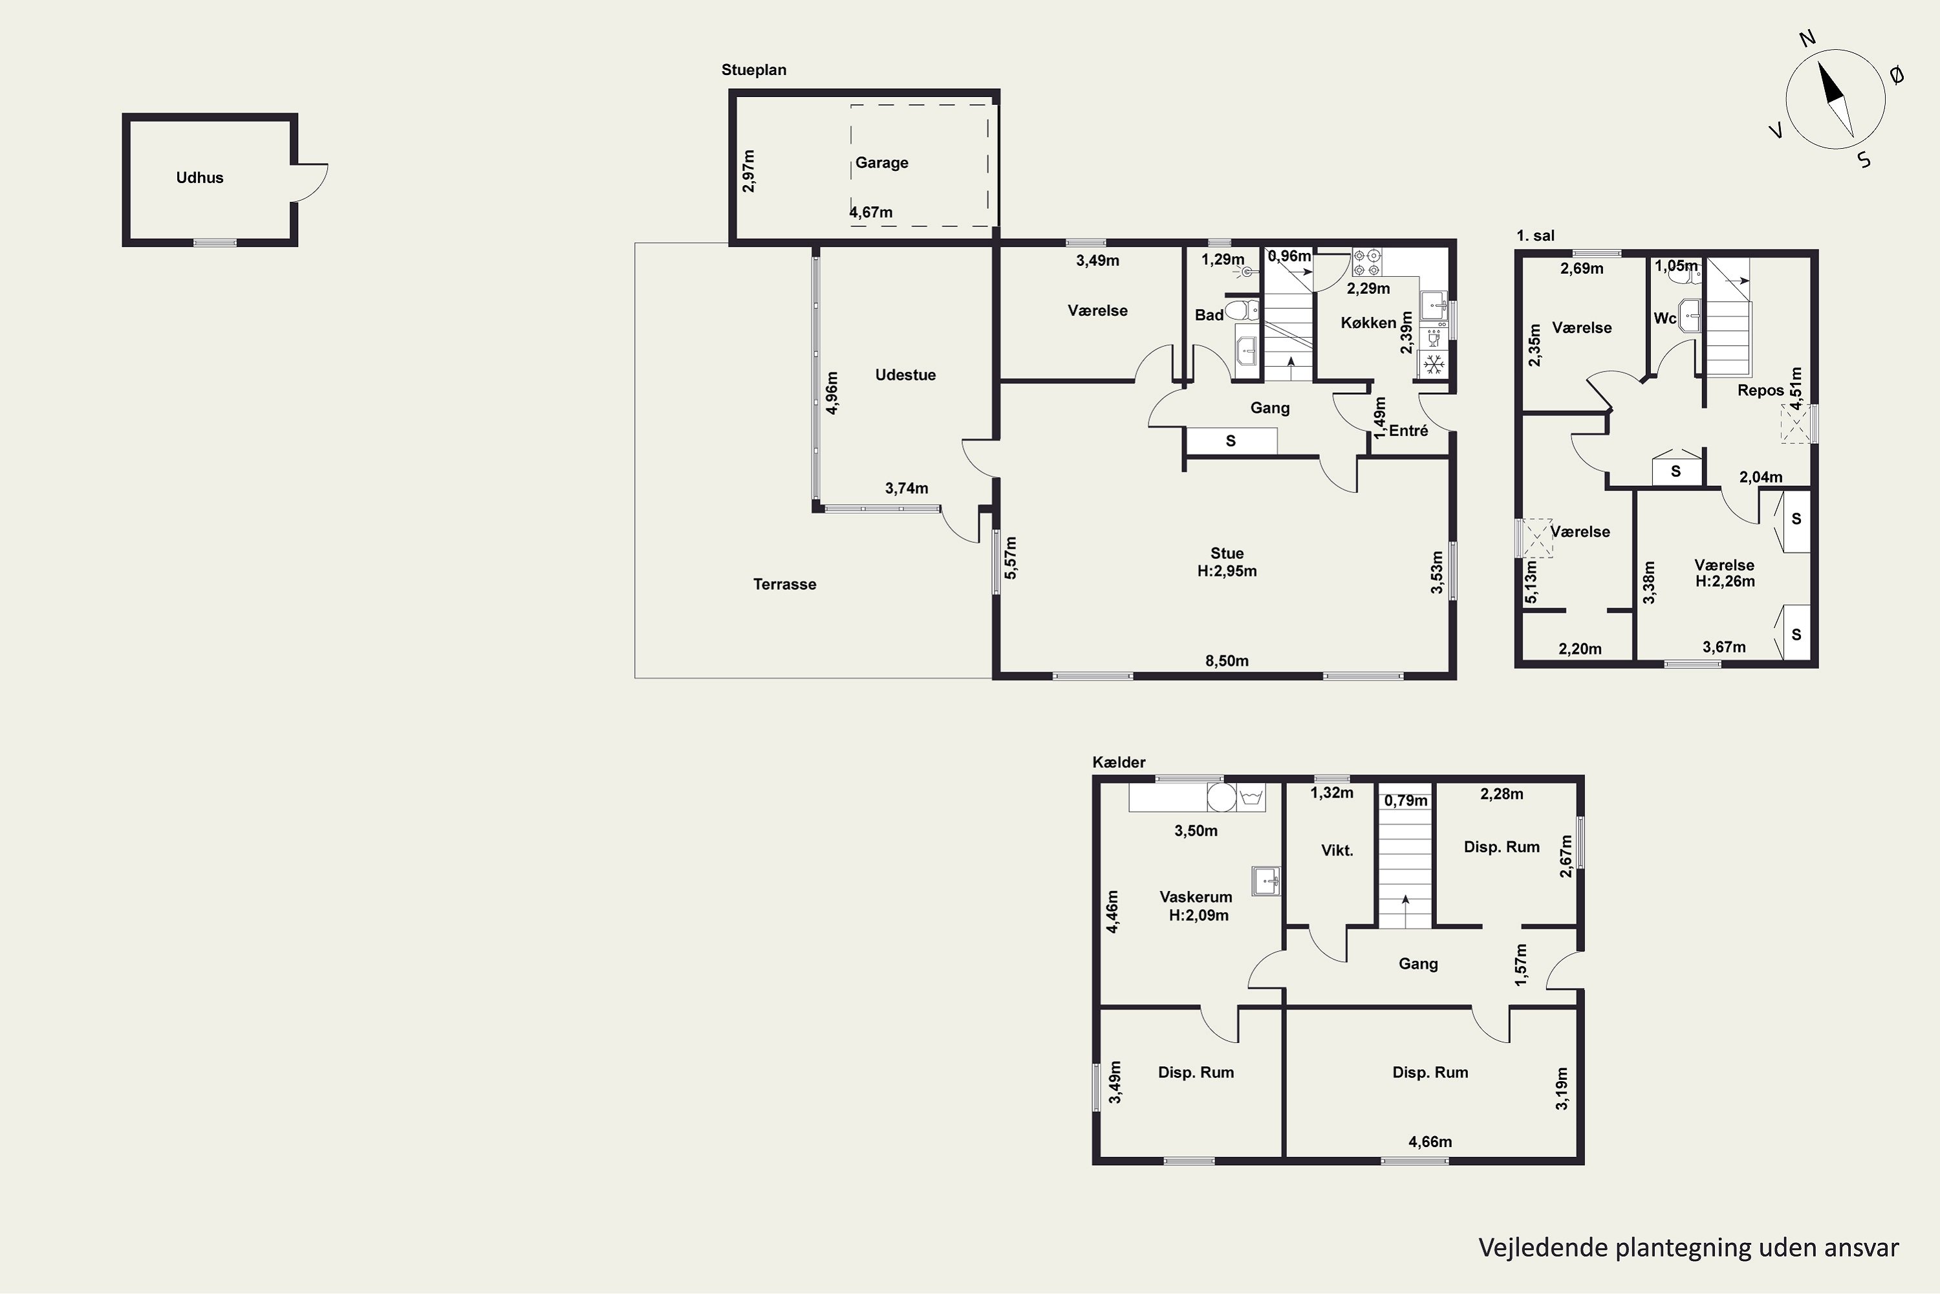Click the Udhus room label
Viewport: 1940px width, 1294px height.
click(200, 177)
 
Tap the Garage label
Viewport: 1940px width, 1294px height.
click(882, 162)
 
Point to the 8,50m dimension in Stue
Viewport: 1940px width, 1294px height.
click(1227, 660)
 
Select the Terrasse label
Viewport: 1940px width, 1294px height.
click(784, 584)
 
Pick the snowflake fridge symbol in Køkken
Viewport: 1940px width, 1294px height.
click(1434, 364)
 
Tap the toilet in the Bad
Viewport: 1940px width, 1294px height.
click(1242, 311)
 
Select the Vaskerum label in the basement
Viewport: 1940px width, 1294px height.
click(1196, 897)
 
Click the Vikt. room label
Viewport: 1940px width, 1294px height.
click(1337, 851)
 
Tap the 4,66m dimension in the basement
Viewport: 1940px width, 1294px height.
click(1430, 1141)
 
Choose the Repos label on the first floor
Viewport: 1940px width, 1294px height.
click(1760, 390)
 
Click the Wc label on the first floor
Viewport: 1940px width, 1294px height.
click(1665, 318)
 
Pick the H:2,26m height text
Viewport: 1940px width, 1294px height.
click(1725, 581)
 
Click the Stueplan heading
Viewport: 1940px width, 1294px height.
click(754, 70)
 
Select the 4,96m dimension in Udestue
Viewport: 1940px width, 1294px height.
click(832, 393)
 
